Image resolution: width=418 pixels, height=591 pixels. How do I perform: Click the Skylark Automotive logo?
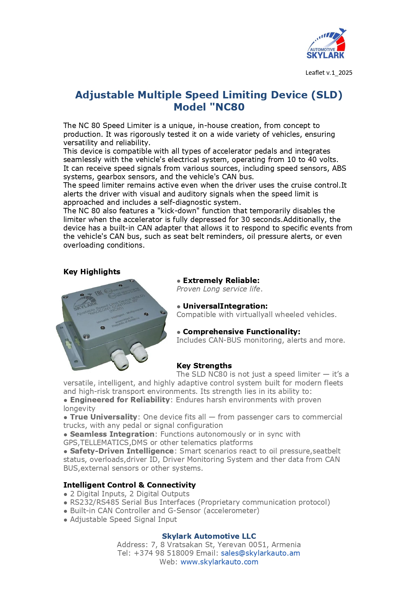(326, 44)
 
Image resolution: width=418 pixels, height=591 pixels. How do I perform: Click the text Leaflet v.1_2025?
(329, 73)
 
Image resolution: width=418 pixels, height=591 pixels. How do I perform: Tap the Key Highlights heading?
(92, 272)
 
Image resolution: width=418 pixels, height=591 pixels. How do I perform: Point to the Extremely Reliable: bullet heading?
(221, 281)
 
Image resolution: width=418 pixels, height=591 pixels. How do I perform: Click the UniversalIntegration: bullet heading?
(225, 306)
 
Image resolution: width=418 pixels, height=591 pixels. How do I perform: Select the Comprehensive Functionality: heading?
(242, 332)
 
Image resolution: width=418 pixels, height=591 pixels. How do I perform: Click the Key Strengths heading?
(204, 366)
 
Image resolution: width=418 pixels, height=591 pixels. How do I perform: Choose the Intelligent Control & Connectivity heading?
(129, 485)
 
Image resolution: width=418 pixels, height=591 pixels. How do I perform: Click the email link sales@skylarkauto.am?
(260, 553)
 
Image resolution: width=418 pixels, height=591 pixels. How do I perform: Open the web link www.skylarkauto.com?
(219, 562)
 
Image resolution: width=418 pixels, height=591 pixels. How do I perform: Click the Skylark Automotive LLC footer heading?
(209, 536)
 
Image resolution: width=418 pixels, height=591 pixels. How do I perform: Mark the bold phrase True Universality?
(103, 417)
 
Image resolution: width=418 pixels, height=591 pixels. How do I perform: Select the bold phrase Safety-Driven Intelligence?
(122, 451)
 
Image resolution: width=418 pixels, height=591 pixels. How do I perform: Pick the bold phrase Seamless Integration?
(112, 434)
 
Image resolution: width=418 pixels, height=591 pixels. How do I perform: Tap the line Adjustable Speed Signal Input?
(123, 520)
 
